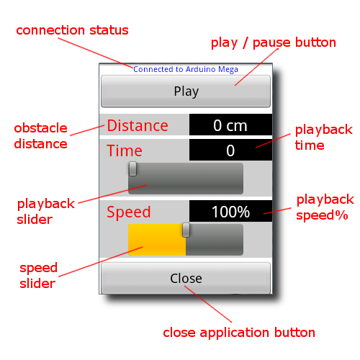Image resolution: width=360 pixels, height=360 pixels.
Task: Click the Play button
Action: tap(186, 91)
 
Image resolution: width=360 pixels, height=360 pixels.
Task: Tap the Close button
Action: tap(186, 278)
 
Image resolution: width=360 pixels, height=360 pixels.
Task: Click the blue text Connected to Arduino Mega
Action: tap(186, 69)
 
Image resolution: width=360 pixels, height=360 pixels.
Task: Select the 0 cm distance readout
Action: tap(230, 125)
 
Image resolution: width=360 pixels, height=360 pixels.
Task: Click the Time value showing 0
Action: tap(230, 150)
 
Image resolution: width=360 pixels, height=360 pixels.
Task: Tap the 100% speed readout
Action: tap(230, 211)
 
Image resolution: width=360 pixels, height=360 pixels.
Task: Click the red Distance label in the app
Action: tap(138, 125)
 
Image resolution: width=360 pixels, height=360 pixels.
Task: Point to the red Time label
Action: tap(125, 150)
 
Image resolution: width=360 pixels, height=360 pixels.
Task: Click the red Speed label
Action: tap(129, 212)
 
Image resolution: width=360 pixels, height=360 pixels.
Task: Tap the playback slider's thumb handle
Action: tap(132, 168)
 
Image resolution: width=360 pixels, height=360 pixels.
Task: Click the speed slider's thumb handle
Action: tap(186, 230)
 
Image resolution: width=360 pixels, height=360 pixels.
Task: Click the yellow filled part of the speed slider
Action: tap(157, 240)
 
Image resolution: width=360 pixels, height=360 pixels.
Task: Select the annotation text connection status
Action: tap(72, 30)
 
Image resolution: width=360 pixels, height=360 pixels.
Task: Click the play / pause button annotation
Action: tap(274, 43)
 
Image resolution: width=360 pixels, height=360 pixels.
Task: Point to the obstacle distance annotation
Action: tap(40, 136)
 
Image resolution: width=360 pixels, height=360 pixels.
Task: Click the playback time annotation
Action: tap(323, 138)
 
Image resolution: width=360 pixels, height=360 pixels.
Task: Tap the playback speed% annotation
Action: tap(325, 207)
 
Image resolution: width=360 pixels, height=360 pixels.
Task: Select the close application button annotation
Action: tap(239, 333)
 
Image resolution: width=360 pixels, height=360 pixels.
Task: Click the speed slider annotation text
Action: tap(38, 276)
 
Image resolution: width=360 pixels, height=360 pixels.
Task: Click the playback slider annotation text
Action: tap(46, 212)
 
